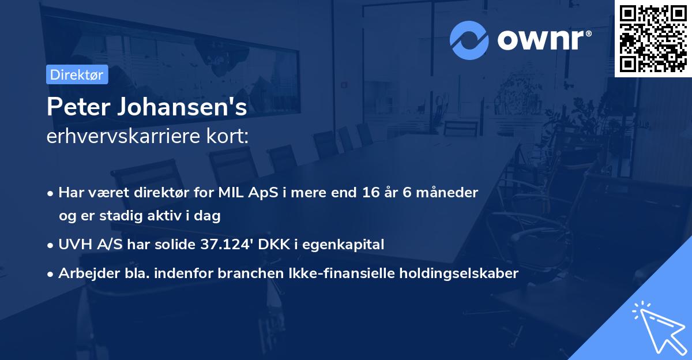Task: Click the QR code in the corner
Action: [653, 39]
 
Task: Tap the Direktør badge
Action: [77, 74]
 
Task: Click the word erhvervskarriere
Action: [118, 137]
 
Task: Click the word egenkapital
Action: [349, 244]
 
